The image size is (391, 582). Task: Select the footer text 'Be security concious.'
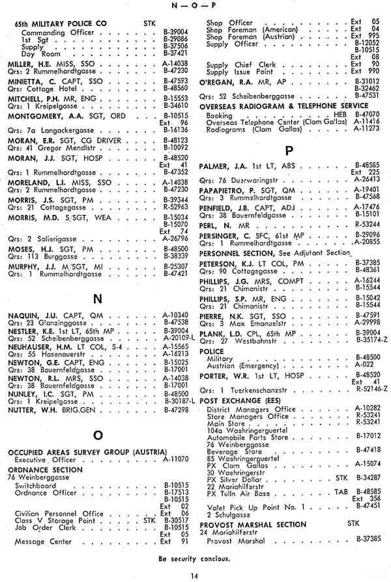[195, 558]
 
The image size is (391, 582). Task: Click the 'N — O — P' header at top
[195, 6]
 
